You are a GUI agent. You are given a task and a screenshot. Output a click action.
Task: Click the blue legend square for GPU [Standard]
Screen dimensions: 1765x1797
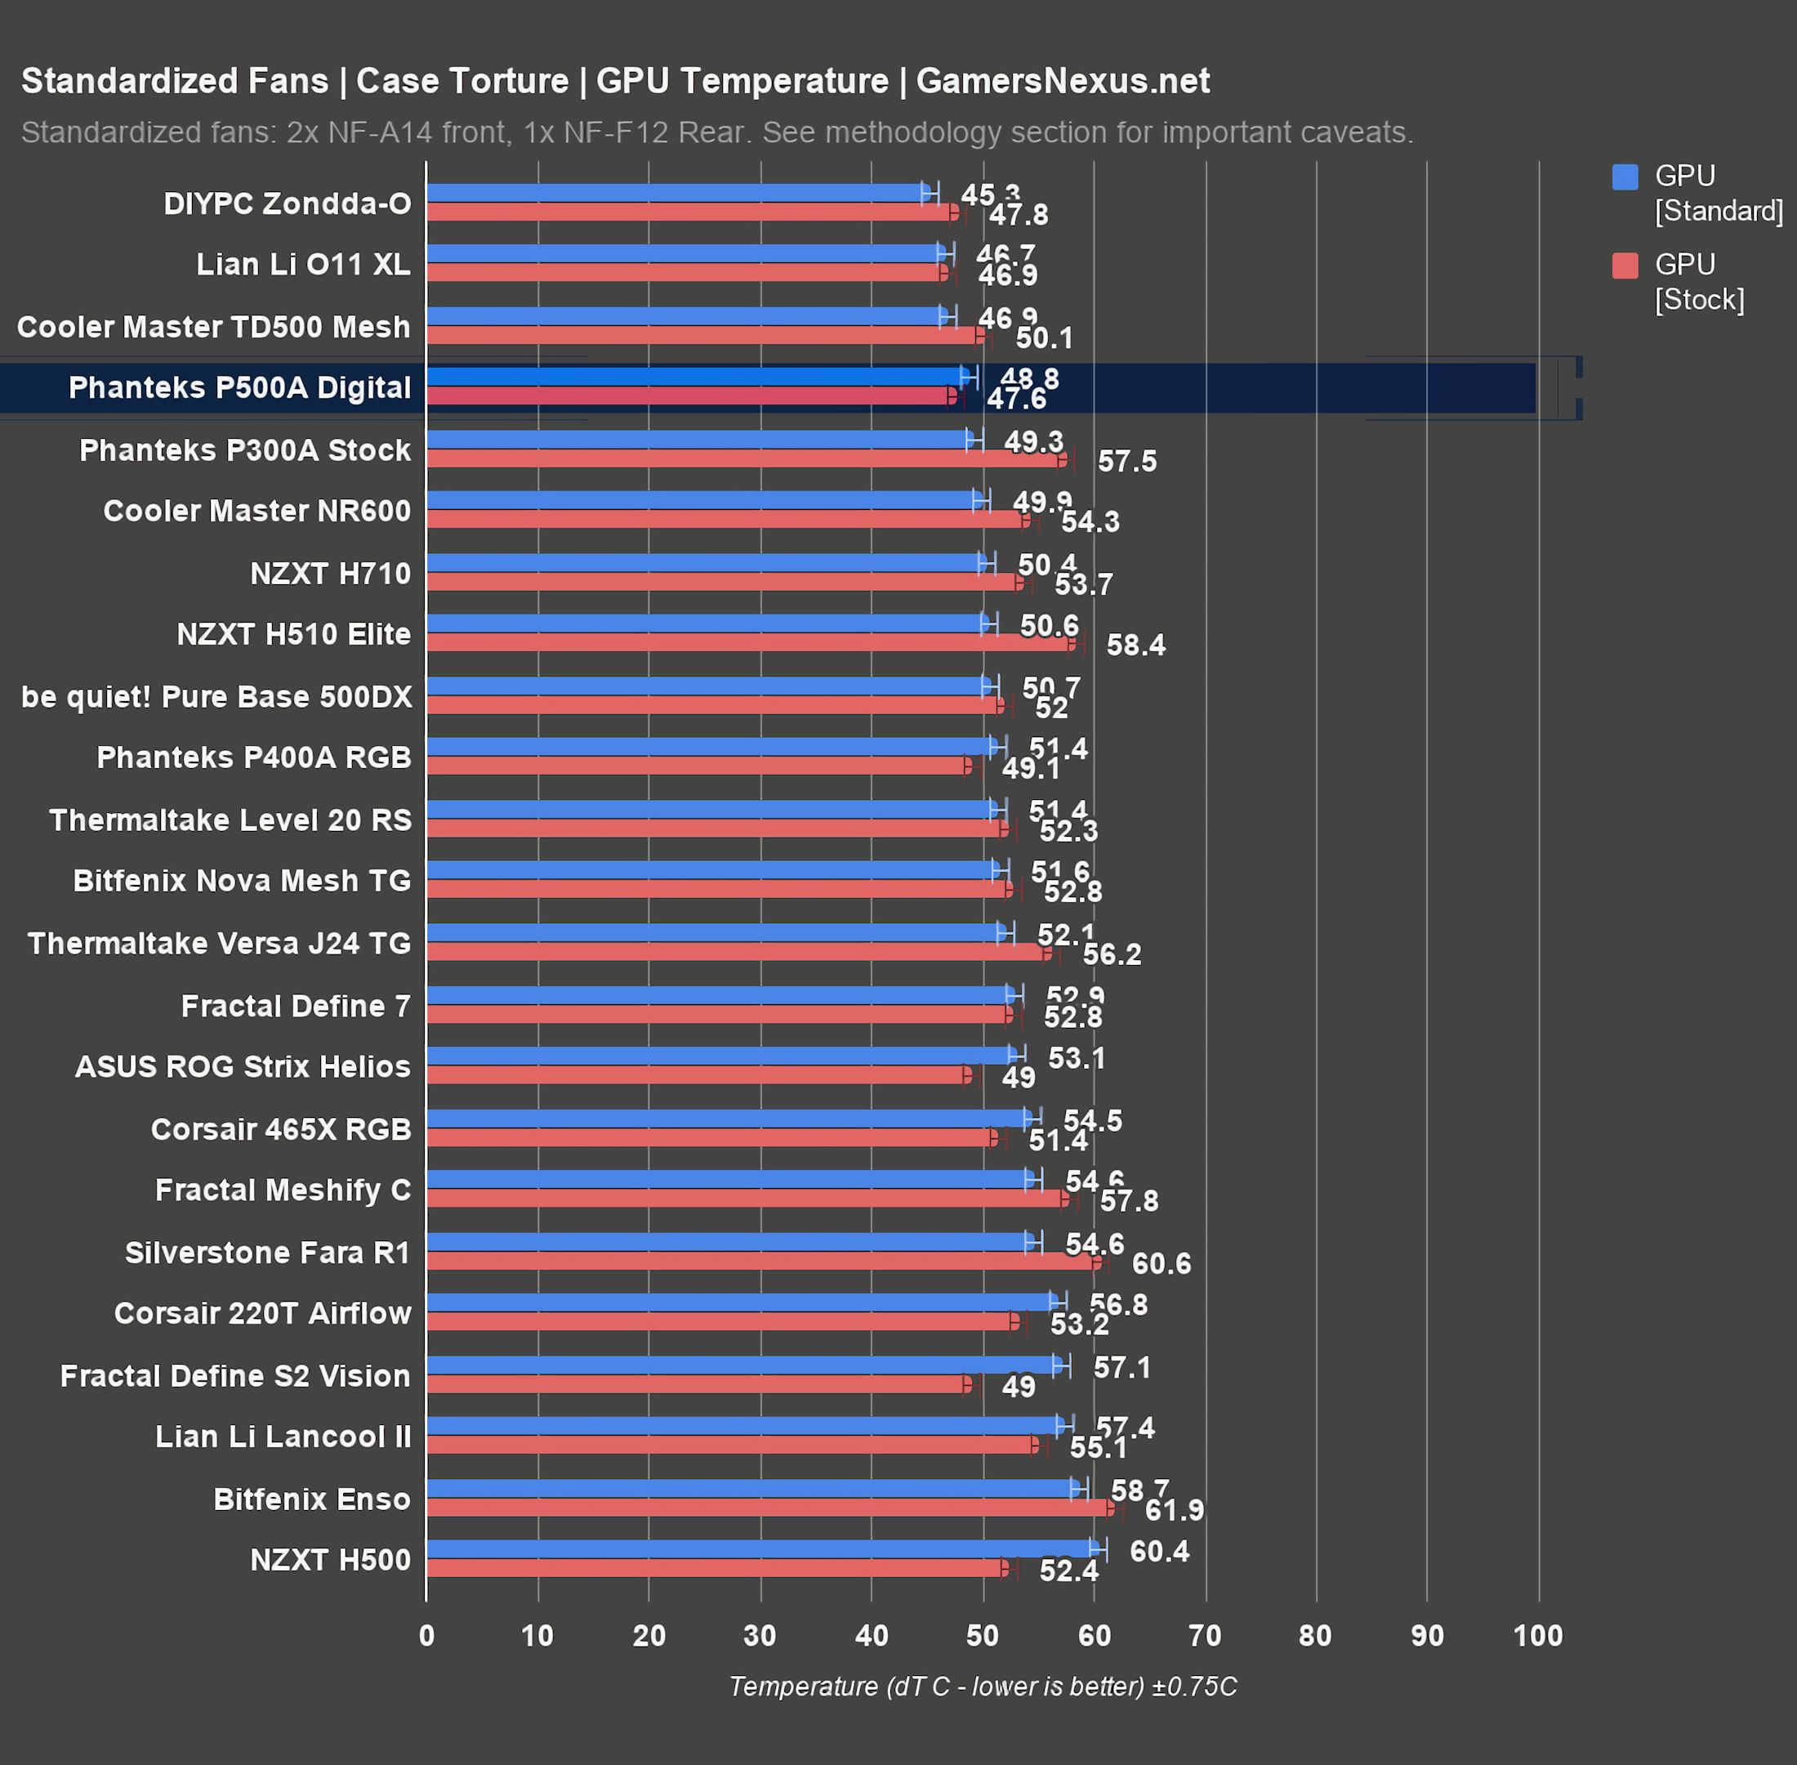(1625, 177)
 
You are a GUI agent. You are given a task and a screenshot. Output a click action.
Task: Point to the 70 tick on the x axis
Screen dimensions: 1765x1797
(1205, 1635)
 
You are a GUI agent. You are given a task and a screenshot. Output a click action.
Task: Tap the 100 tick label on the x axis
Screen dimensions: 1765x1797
(1537, 1635)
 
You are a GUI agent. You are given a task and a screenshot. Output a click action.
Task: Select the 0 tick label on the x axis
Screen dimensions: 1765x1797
(426, 1635)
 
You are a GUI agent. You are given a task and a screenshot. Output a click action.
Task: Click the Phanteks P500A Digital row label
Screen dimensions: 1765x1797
(239, 387)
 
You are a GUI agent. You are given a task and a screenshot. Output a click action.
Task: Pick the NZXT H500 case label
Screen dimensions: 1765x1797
(330, 1559)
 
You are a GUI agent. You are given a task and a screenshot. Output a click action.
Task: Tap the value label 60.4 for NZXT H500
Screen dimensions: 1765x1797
(1158, 1551)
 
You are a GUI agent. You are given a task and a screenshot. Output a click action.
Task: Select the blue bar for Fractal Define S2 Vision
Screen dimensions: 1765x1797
(742, 1365)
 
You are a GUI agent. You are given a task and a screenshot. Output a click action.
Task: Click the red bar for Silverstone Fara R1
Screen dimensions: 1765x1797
(760, 1262)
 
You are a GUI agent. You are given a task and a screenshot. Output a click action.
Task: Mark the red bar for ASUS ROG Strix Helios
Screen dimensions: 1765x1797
(695, 1075)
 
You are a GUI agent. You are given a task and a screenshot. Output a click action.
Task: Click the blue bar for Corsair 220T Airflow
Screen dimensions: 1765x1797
(742, 1303)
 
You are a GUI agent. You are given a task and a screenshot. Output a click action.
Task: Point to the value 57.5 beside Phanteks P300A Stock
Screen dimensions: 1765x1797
(1126, 461)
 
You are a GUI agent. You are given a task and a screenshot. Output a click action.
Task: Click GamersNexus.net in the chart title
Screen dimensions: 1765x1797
(1062, 82)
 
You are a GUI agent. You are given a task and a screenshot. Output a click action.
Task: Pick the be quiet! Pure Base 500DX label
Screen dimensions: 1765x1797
(216, 696)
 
